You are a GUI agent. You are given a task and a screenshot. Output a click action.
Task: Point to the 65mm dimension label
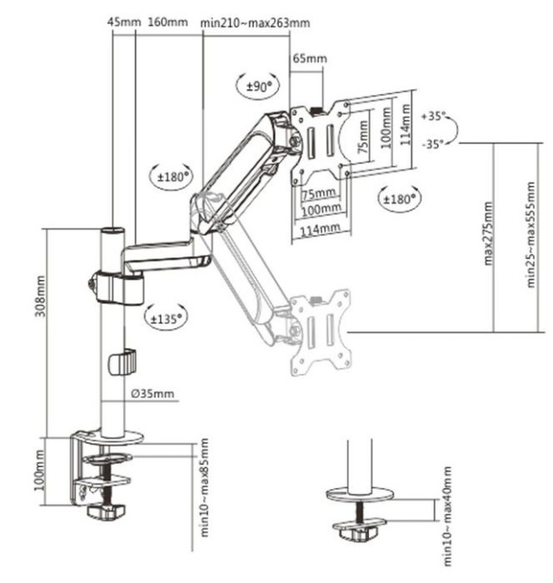[x=309, y=59]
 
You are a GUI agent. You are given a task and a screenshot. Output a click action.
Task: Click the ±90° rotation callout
[x=256, y=85]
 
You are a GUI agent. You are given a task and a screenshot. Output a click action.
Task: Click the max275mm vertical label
[x=489, y=233]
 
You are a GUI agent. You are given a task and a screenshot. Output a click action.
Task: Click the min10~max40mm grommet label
[x=447, y=516]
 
